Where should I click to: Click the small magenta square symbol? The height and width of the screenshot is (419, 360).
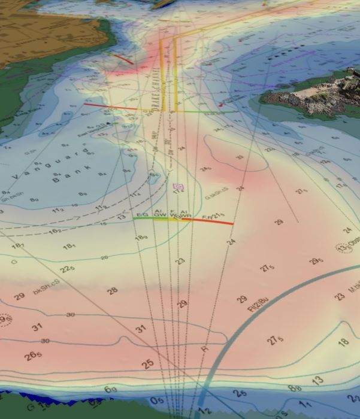point(178,187)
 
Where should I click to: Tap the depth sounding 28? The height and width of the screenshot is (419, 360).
point(112,291)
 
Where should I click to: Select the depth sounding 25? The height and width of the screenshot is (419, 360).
point(148,363)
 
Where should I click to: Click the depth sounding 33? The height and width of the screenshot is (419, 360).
point(239,157)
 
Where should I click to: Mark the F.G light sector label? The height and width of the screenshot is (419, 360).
point(142,214)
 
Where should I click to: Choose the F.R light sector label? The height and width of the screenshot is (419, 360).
point(207,216)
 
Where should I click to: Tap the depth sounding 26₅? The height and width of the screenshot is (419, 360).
point(34,357)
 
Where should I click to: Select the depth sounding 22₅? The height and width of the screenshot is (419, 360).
point(66,268)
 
